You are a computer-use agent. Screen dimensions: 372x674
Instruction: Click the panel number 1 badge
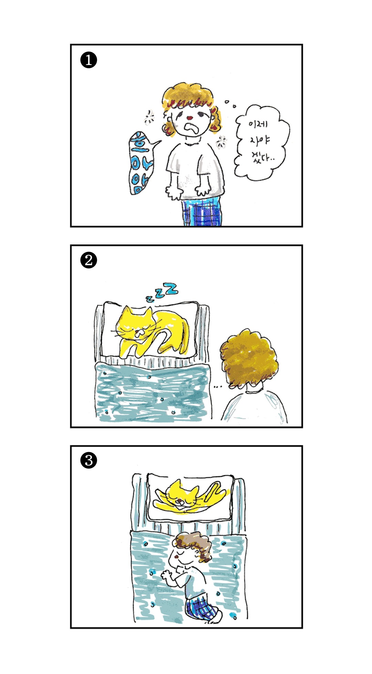(x=89, y=60)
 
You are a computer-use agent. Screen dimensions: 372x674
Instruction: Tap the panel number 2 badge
(x=89, y=261)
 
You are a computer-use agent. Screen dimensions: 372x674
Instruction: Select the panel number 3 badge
(x=89, y=460)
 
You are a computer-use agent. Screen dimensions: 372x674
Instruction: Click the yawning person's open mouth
(x=191, y=129)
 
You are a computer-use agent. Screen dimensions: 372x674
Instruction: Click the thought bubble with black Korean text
(x=261, y=143)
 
